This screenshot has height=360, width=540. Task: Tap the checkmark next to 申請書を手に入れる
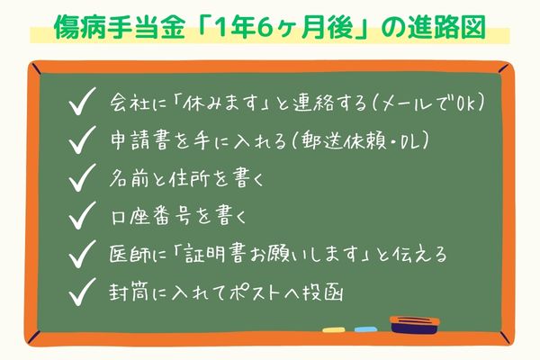pos(84,140)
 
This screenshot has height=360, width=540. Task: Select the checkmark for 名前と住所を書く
pos(84,178)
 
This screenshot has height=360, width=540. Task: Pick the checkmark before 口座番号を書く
pos(84,216)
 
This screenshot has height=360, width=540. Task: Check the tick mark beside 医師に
pos(84,254)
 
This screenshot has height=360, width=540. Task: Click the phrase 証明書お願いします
pos(271,254)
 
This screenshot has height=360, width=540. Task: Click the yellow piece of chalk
pos(333,328)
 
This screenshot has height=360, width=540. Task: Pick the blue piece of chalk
pos(364,328)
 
